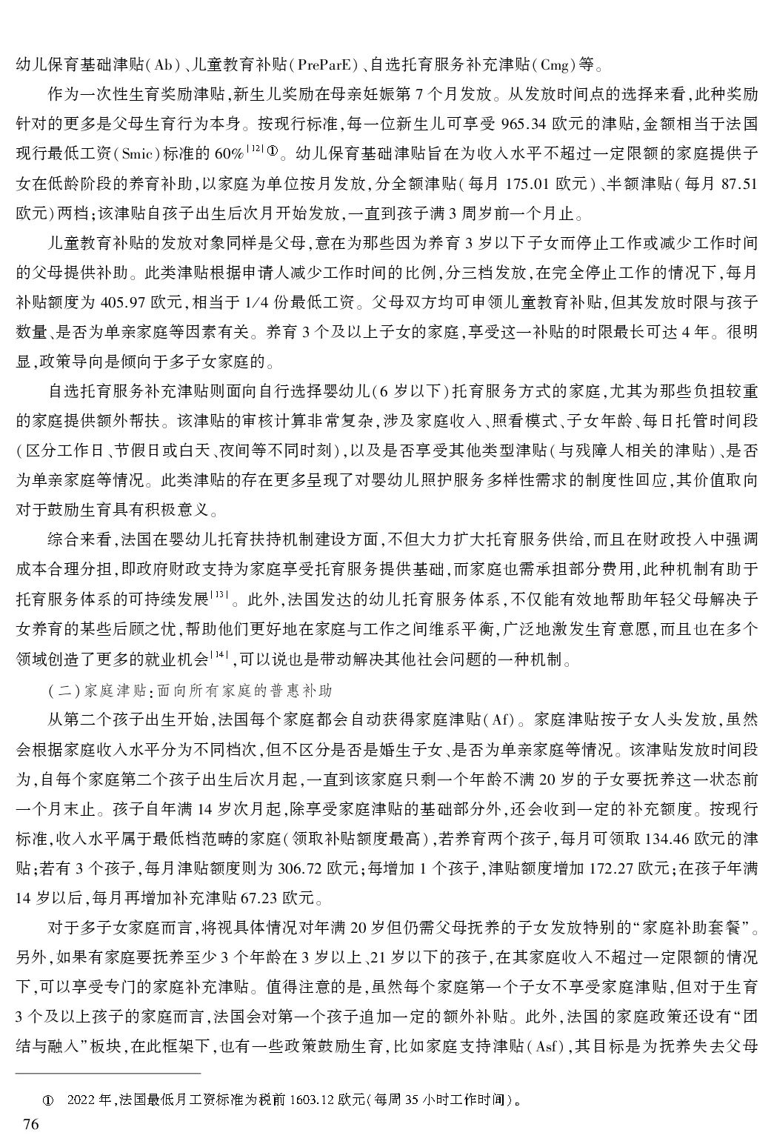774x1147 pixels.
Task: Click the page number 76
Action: pos(30,1124)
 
